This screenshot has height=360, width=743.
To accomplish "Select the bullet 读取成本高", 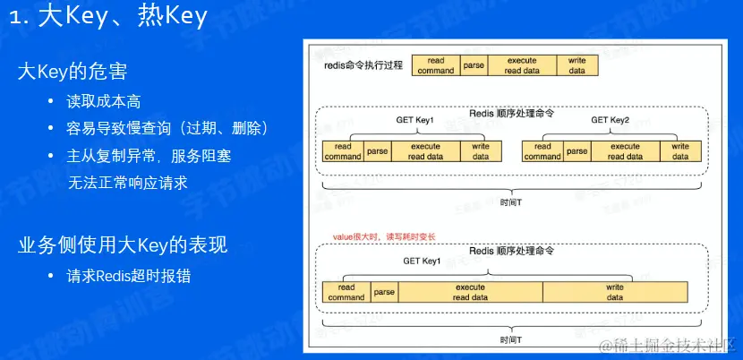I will (104, 101).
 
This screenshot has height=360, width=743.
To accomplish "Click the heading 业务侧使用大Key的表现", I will (123, 244).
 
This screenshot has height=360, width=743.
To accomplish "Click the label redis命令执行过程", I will (363, 66).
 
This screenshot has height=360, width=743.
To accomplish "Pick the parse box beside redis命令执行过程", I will (474, 65).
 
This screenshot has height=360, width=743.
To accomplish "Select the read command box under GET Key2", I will (542, 151).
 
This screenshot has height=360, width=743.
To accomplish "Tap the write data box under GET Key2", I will (680, 151).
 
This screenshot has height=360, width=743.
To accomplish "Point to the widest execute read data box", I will (470, 292).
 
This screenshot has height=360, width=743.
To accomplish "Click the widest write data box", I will (615, 292).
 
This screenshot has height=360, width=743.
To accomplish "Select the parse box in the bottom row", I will (384, 292).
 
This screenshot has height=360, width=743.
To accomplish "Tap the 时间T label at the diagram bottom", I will (512, 340).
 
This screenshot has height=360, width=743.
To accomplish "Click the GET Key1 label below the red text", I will (422, 261).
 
